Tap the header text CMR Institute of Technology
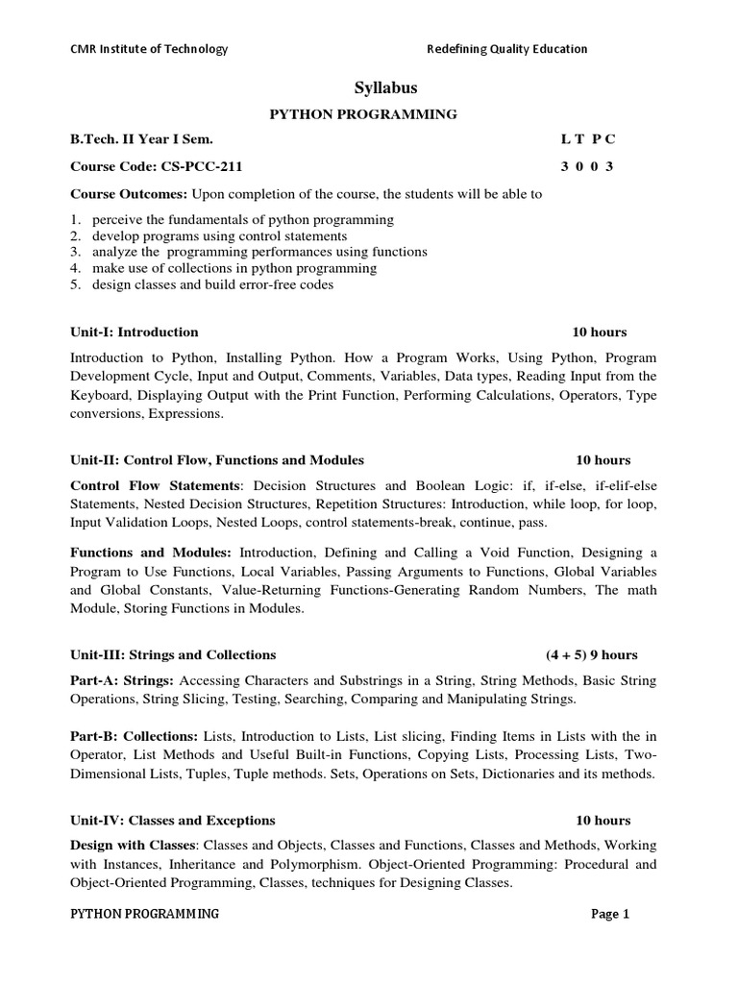[x=149, y=49]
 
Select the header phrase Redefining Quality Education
[x=506, y=49]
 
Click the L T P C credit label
[x=587, y=139]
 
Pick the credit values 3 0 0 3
[x=587, y=166]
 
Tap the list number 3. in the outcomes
[x=77, y=252]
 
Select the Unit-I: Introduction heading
[x=135, y=332]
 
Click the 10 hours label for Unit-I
[x=599, y=332]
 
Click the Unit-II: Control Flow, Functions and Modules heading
[x=217, y=460]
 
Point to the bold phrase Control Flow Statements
[x=154, y=485]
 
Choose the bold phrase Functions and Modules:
[x=151, y=553]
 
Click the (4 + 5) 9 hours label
[x=591, y=655]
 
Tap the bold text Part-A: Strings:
[x=121, y=680]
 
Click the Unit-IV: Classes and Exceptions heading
[x=173, y=821]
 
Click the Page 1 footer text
[x=609, y=914]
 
